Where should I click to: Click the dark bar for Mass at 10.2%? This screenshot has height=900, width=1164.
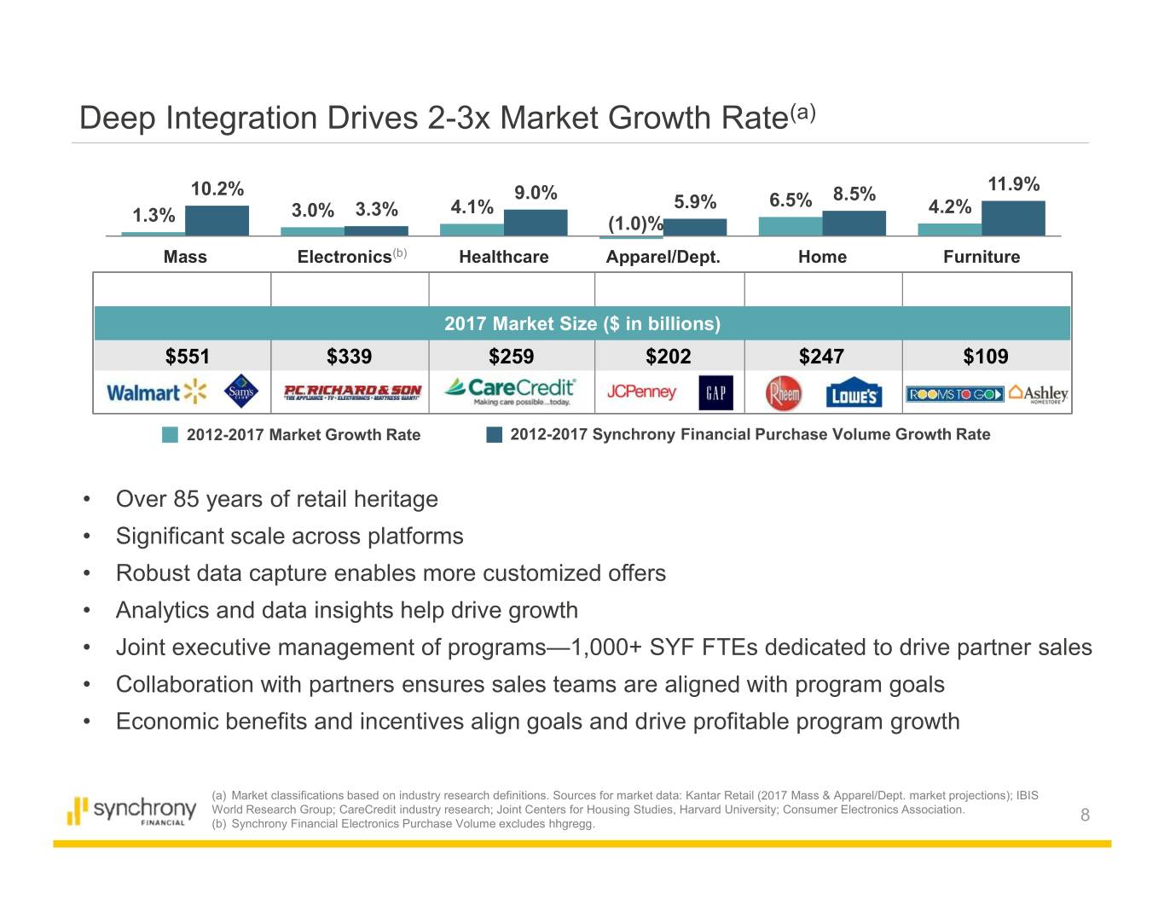pos(217,220)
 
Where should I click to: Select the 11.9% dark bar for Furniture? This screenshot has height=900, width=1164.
pos(1013,218)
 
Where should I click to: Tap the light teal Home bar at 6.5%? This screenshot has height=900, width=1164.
pos(790,226)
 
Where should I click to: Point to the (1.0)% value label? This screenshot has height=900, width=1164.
pos(634,224)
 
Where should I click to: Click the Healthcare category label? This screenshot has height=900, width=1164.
pos(503,257)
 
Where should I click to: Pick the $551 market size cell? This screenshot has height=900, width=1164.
pos(187,356)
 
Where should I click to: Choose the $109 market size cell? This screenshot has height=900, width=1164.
pos(985,356)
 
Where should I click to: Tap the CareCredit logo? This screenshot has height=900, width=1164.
pos(510,391)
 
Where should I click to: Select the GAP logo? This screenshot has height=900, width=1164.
pos(715,392)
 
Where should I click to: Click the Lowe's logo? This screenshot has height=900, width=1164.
pos(853,395)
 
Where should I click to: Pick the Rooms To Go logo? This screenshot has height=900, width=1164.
pos(954,394)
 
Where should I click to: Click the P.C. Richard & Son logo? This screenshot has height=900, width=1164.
pos(352,392)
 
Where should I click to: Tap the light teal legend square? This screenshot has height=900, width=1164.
pos(171,435)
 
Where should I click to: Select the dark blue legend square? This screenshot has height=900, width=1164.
pos(495,435)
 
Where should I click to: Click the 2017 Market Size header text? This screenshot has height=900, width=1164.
pos(582,324)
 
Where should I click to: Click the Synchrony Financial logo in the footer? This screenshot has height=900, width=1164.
pos(132,810)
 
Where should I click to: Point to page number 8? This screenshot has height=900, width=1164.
pos(1085,815)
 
